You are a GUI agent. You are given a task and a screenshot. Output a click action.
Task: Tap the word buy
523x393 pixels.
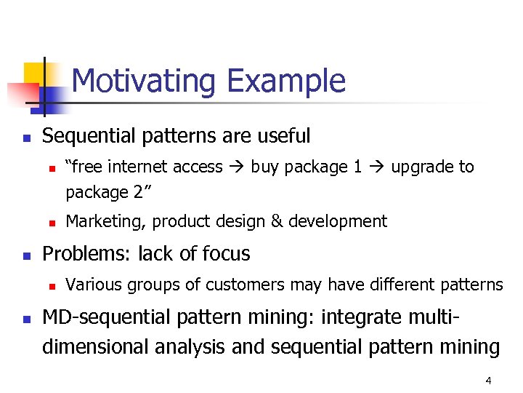[265, 167]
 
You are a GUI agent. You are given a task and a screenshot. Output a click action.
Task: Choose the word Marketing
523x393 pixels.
[99, 221]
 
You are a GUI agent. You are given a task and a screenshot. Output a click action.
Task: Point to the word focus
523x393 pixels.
[226, 254]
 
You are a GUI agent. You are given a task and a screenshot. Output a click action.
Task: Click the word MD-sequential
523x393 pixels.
[110, 318]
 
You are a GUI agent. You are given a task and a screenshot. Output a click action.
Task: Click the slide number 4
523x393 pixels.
[488, 381]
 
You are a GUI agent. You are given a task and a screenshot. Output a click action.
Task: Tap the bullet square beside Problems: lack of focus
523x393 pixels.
[26, 255]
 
